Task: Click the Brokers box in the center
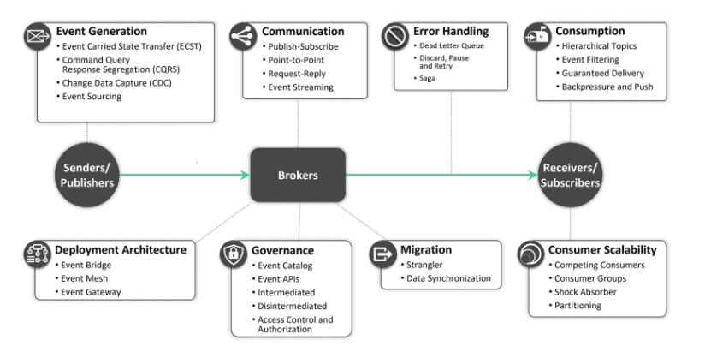[298, 175]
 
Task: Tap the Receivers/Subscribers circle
[571, 175]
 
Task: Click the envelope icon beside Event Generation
[38, 36]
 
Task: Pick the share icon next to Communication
[243, 36]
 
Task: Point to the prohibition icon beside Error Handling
[394, 36]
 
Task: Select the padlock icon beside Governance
[234, 254]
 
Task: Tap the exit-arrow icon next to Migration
[382, 254]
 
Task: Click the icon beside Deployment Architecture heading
[38, 254]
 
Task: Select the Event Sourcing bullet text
[92, 97]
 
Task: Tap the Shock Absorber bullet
[588, 292]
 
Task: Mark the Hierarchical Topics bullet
[599, 46]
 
